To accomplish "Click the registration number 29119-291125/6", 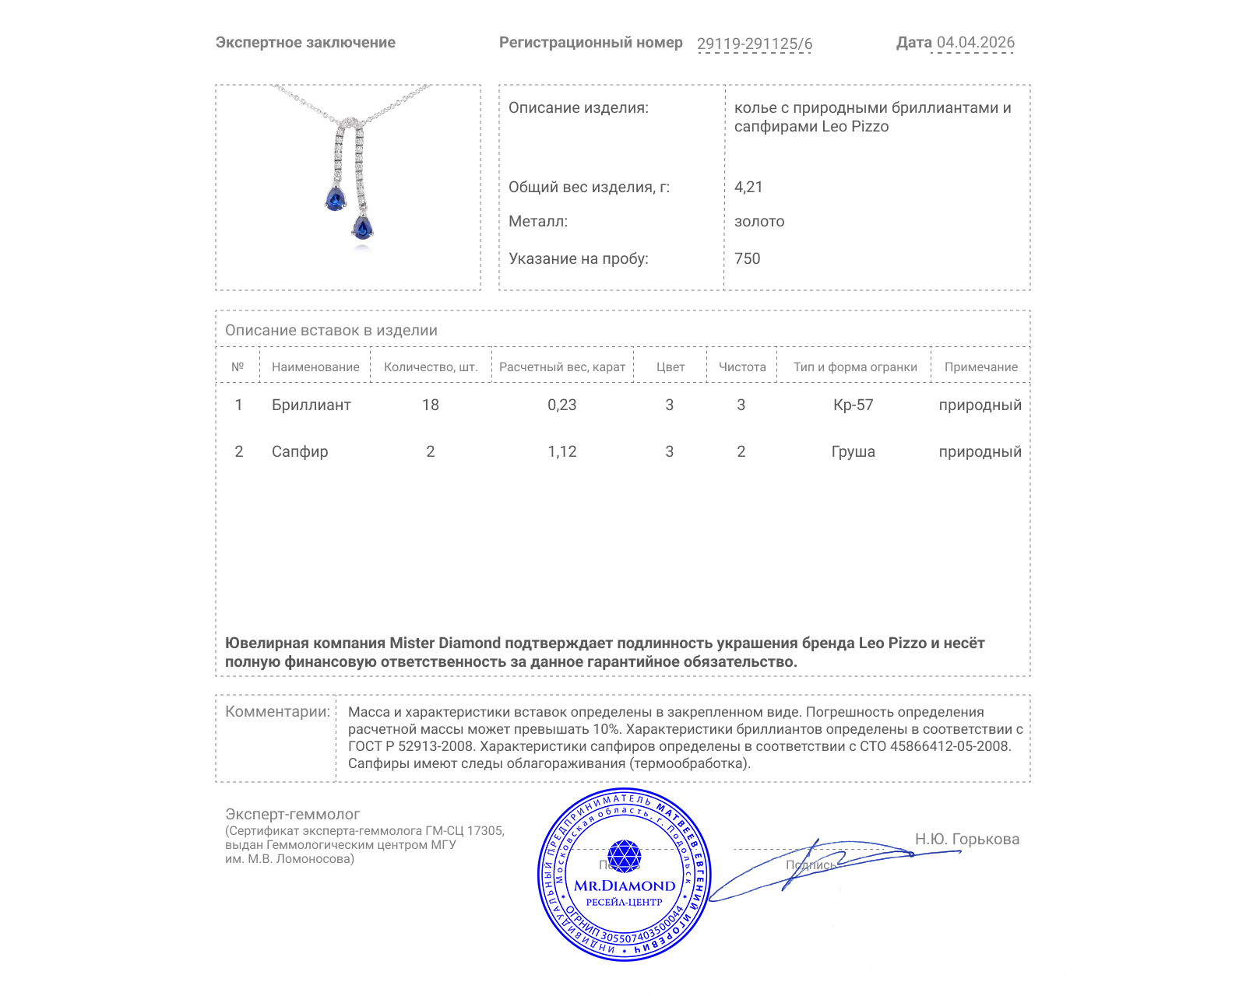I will [754, 44].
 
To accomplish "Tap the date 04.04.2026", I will [975, 43].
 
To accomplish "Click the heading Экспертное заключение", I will [305, 43].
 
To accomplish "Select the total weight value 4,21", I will [748, 187].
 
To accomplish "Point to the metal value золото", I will [759, 221].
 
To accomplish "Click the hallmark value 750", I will [747, 258].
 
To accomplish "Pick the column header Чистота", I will [741, 367].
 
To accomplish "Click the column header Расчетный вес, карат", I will [561, 367].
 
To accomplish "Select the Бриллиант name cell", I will [311, 405].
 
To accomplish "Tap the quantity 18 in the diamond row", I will [430, 405].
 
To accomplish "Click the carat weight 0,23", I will [561, 405].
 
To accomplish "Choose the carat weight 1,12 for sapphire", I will [561, 451].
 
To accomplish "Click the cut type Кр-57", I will [853, 405].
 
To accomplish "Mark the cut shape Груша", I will [853, 451].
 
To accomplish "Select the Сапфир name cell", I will [299, 451].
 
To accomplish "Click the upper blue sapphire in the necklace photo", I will [336, 199].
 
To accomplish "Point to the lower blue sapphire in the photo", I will [362, 227].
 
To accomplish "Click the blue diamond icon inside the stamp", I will [624, 855].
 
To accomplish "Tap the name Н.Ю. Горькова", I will [966, 839].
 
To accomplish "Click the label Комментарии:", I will [277, 711].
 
